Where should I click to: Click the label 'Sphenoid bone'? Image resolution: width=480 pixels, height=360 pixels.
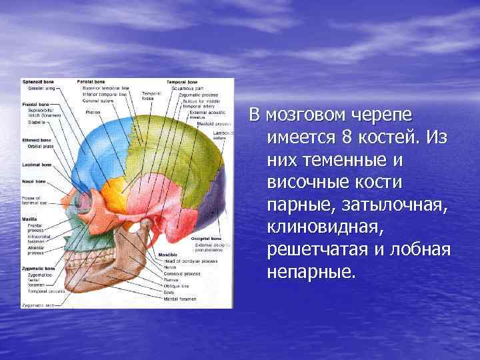[39, 81]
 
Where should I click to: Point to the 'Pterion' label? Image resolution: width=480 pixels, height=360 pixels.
[93, 113]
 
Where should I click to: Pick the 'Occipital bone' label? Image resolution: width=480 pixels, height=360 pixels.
[207, 237]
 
